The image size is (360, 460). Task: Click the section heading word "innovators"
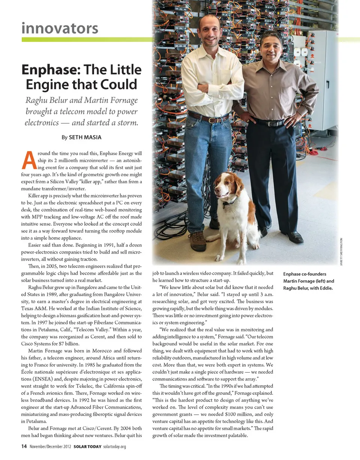[x=60, y=28]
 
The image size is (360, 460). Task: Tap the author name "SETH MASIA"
[x=85, y=137]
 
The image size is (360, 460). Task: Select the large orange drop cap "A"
[x=29, y=160]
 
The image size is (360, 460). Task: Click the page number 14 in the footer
[x=24, y=446]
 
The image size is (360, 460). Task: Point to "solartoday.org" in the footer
[x=114, y=447]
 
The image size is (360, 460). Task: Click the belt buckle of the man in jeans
[x=212, y=120]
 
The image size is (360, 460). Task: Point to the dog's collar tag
[x=225, y=206]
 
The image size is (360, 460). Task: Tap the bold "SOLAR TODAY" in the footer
[x=87, y=447]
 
